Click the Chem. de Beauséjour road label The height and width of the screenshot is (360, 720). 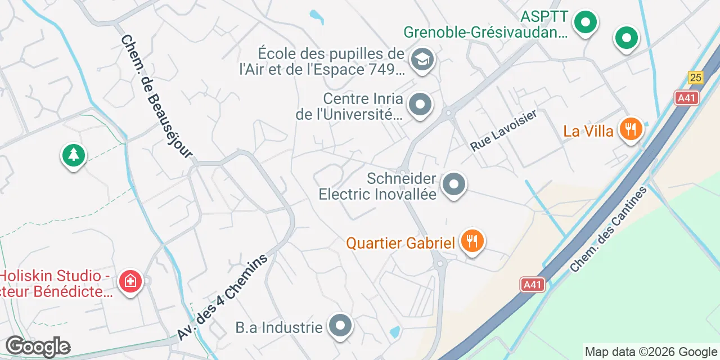tap(156, 97)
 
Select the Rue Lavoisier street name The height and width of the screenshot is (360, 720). tap(503, 130)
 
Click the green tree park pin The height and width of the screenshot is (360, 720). tap(73, 155)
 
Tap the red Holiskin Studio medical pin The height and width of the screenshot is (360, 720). tap(130, 281)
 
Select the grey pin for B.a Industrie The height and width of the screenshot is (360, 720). tap(340, 326)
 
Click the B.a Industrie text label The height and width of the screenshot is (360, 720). tap(279, 327)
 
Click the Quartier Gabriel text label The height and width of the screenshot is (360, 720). tap(400, 243)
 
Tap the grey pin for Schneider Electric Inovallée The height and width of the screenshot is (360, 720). tap(454, 184)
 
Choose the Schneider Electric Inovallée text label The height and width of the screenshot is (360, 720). tap(378, 187)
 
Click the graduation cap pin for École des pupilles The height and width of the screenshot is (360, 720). tap(422, 58)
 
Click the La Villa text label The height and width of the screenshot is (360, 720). tap(588, 131)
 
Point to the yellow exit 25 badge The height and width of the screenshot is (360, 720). tap(696, 78)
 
